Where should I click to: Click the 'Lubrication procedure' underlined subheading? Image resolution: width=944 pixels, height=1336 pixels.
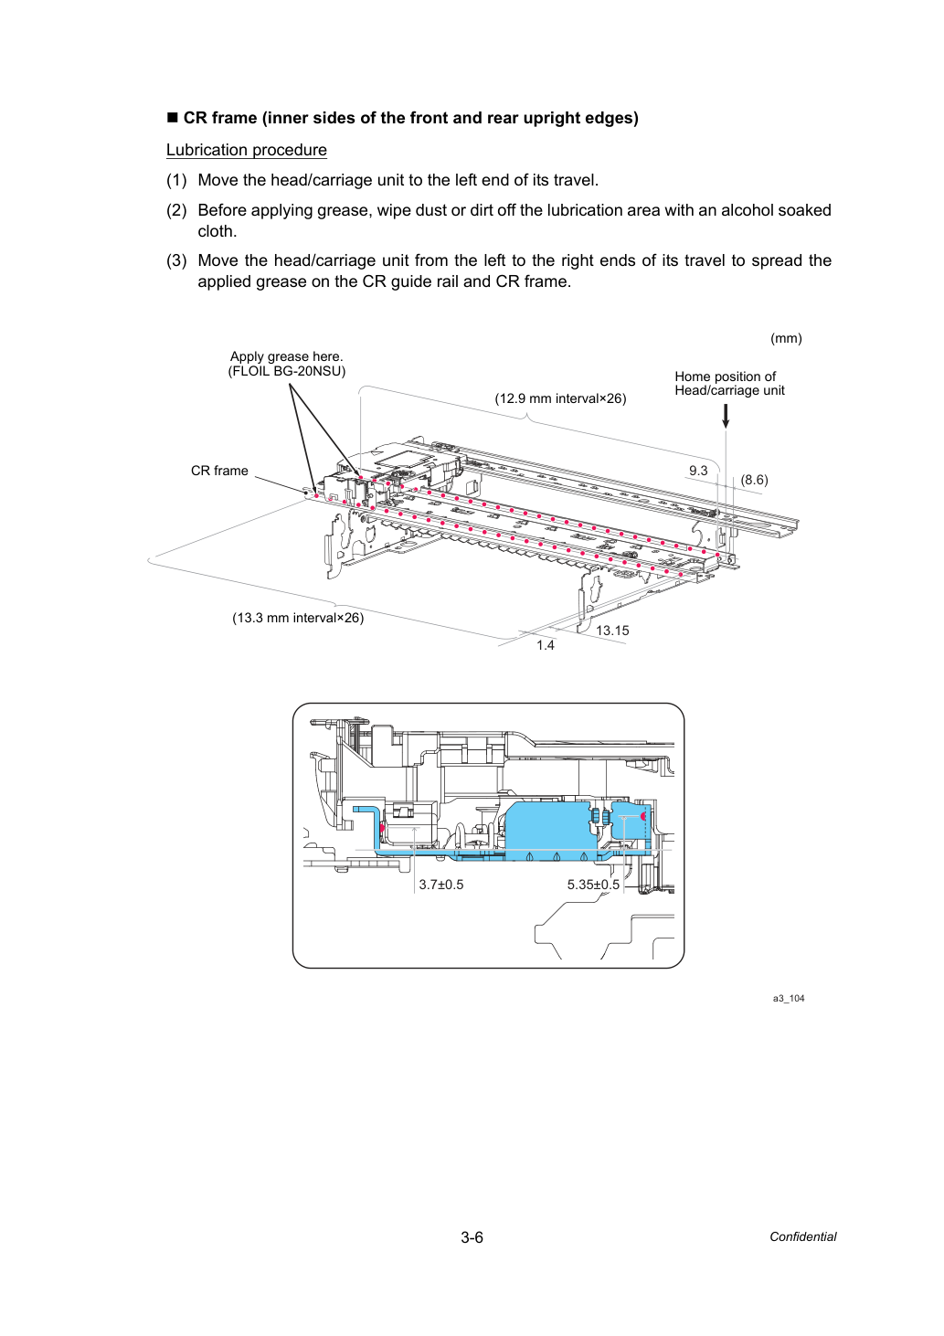click(247, 150)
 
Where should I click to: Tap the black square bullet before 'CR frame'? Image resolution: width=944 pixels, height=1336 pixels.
click(173, 117)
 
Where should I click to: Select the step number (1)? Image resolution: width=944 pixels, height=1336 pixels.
click(176, 180)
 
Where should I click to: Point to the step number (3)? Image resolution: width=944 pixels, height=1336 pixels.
click(176, 260)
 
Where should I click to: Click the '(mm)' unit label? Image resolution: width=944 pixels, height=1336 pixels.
click(786, 338)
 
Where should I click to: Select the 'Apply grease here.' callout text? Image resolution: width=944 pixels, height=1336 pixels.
click(286, 356)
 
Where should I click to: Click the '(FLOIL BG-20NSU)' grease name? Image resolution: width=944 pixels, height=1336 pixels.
click(286, 371)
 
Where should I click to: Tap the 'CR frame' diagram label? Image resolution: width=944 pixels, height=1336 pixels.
click(219, 471)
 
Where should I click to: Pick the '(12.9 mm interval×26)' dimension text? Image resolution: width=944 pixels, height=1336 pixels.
click(560, 398)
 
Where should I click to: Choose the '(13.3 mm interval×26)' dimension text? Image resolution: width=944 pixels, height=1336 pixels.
click(298, 618)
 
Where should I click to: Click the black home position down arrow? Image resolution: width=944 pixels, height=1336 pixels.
click(726, 416)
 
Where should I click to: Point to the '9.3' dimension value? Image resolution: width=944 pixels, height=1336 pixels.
click(698, 471)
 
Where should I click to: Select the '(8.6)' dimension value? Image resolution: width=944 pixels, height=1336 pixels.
click(754, 480)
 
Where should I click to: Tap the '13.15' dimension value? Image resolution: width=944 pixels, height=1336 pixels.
click(612, 631)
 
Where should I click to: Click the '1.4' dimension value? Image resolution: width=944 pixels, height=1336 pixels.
click(545, 645)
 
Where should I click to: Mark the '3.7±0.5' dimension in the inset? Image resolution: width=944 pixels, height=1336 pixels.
click(440, 885)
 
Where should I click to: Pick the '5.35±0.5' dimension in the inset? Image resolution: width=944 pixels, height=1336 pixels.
click(593, 885)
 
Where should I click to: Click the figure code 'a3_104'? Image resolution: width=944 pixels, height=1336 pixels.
click(789, 999)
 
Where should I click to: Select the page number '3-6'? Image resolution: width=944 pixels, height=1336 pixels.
click(472, 1237)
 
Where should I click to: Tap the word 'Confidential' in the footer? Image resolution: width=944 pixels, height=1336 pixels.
click(802, 1237)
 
